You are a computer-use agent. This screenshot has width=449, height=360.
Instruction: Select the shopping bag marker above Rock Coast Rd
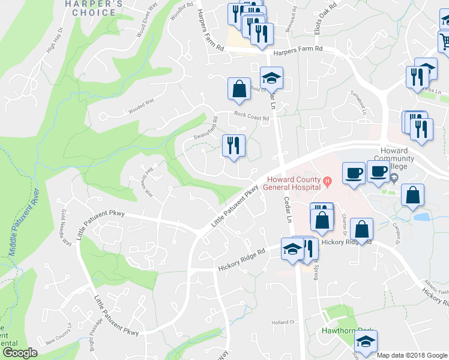[x=239, y=89]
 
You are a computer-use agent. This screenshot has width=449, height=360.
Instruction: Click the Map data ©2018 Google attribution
[x=411, y=355]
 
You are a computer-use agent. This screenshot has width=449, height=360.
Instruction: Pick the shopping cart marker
[x=444, y=41]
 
